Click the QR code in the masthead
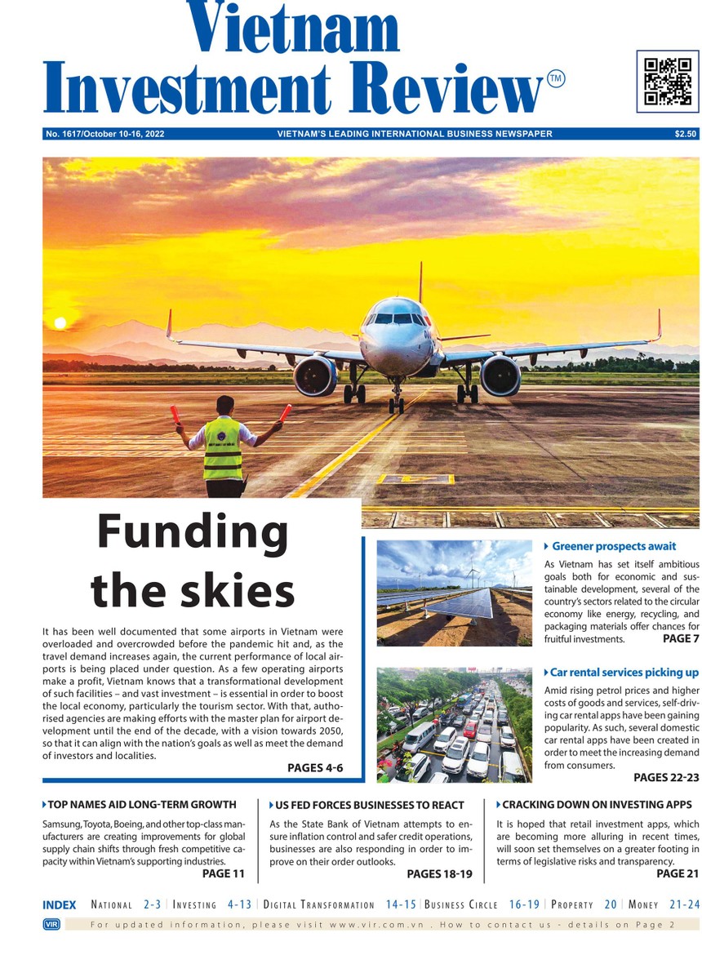point(667,81)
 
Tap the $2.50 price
point(686,134)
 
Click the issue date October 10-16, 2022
point(123,134)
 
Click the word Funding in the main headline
point(193,533)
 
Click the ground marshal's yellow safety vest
point(222,449)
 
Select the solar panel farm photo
point(454,593)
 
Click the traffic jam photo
point(454,725)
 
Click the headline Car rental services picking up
point(624,673)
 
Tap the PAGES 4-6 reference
point(315,768)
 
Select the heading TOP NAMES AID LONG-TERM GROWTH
point(142,805)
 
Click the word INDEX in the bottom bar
point(59,904)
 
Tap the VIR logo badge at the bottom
point(49,924)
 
